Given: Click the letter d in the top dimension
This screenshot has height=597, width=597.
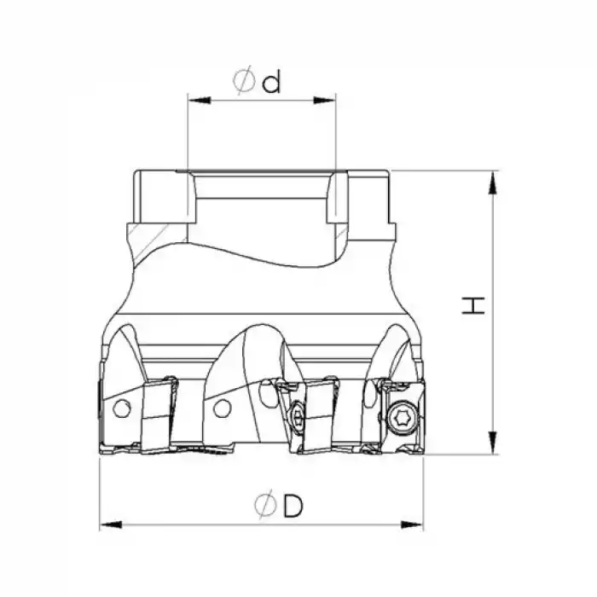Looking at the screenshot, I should tap(271, 83).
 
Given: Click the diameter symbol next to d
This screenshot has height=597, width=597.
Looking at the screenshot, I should tap(244, 82).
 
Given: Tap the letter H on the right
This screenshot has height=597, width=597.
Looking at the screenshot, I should tap(473, 305).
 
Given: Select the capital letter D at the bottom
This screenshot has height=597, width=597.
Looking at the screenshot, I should tap(293, 507).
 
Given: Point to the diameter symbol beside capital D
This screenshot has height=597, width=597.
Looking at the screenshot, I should tap(265, 507).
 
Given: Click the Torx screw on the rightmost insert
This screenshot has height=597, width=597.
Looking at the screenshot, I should tap(401, 415).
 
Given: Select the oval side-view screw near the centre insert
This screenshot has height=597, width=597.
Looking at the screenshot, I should tap(296, 417).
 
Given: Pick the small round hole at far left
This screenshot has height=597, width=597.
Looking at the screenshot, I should tap(122, 409).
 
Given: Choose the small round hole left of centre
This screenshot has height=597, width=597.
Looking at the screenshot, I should tap(222, 409).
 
